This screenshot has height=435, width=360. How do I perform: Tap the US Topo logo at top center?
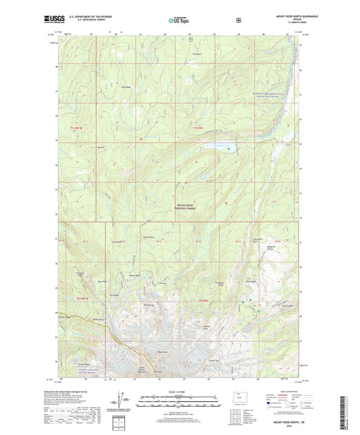pyautogui.click(x=178, y=21)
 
